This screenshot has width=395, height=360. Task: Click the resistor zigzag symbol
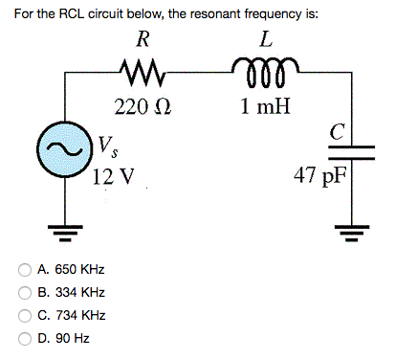tap(143, 70)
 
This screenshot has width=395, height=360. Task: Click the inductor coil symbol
tap(263, 70)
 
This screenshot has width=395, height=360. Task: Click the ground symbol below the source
tap(66, 230)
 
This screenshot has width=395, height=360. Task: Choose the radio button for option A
tap(26, 272)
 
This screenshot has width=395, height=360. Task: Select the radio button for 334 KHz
tap(26, 293)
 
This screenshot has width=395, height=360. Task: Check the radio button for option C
tap(26, 315)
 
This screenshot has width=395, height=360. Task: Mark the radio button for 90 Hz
tap(26, 337)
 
